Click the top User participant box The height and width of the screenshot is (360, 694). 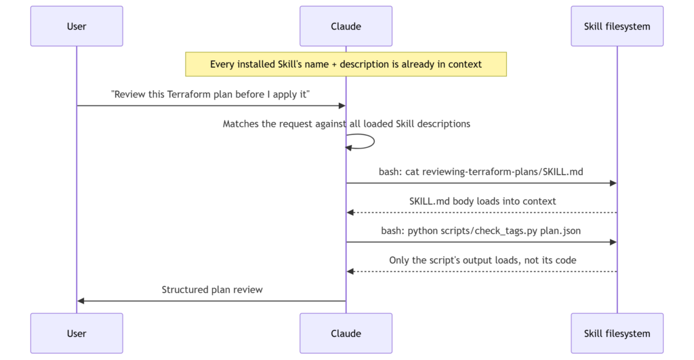pyautogui.click(x=77, y=26)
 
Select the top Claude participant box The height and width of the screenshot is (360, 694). pyautogui.click(x=346, y=26)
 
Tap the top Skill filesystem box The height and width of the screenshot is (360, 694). pyautogui.click(x=617, y=26)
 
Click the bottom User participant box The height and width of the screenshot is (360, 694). pyautogui.click(x=77, y=334)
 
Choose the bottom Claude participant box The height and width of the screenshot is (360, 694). pyautogui.click(x=346, y=334)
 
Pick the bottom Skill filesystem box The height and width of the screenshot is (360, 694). pyautogui.click(x=617, y=334)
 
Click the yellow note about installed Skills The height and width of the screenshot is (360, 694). pyautogui.click(x=346, y=64)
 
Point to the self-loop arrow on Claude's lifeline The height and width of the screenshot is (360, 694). pyautogui.click(x=374, y=141)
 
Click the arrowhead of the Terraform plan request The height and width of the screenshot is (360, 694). pyautogui.click(x=342, y=106)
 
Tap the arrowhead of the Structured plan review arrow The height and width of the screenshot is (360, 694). pyautogui.click(x=81, y=301)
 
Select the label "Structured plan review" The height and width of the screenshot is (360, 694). pyautogui.click(x=212, y=289)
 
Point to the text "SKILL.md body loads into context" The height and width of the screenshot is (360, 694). pyautogui.click(x=483, y=201)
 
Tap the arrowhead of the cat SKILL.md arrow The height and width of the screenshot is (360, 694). pyautogui.click(x=613, y=183)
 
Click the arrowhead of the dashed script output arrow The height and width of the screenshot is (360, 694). pyautogui.click(x=350, y=271)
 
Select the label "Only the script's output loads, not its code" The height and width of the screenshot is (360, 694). pyautogui.click(x=483, y=260)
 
